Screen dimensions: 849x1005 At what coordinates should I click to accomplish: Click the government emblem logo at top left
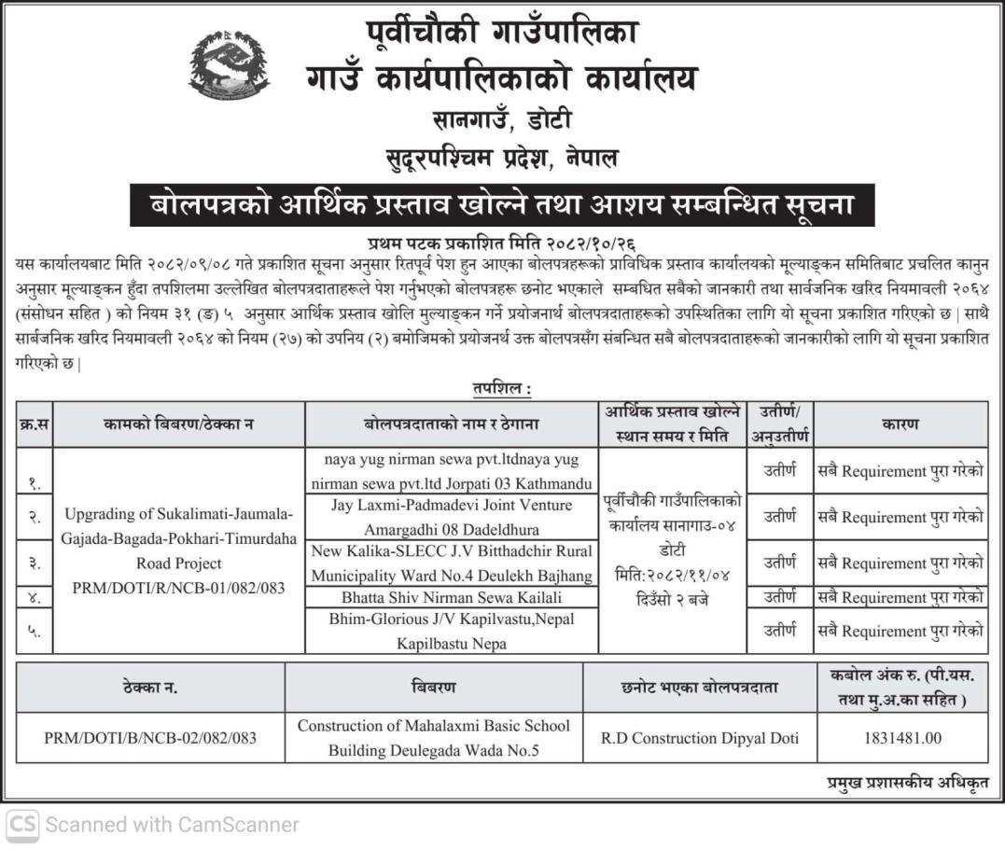(230, 64)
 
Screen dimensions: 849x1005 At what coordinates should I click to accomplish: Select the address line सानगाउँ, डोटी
(502, 120)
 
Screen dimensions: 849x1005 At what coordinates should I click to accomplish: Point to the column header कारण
(900, 424)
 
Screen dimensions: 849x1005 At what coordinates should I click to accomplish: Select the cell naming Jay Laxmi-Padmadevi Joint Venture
(451, 517)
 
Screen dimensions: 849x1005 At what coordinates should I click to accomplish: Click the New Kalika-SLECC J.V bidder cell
(451, 563)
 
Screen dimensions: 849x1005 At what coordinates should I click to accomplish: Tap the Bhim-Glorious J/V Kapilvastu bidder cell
(451, 631)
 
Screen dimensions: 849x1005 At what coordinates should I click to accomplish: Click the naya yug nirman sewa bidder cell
(451, 471)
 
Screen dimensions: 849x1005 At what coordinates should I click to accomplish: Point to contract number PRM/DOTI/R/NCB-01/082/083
(178, 588)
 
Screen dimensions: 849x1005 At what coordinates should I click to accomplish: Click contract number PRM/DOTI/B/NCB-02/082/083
(150, 738)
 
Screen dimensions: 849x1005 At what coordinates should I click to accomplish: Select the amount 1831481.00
(901, 738)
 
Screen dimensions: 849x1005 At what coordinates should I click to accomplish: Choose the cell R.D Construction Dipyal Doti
(699, 738)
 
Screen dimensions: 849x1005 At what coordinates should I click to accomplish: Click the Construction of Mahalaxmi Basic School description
(433, 737)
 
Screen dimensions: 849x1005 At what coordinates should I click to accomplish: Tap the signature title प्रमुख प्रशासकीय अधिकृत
(906, 783)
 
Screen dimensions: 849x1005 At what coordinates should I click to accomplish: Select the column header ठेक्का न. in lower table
(150, 688)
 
